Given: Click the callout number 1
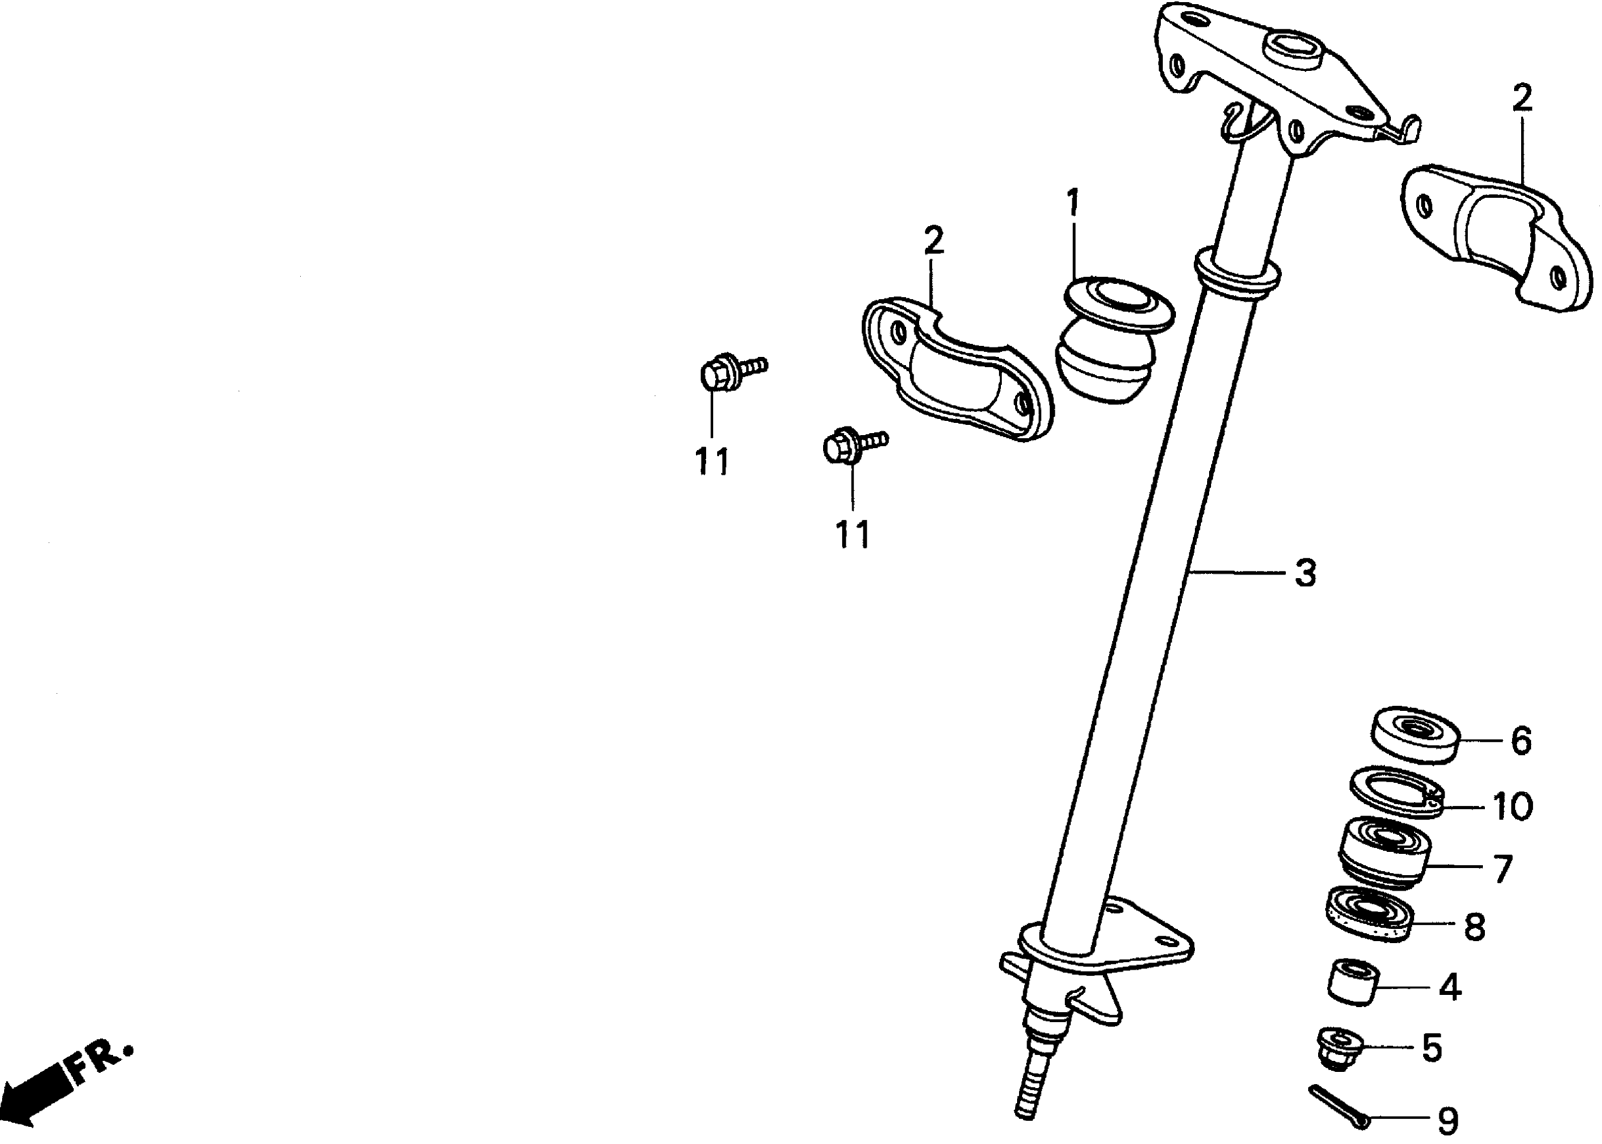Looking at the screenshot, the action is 1072,203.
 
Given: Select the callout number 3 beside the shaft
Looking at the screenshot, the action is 1306,573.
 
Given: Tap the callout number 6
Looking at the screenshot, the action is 1521,741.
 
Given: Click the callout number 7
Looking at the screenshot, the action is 1503,869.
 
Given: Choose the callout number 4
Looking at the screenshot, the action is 1450,988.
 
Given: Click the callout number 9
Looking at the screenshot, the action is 1447,1119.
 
